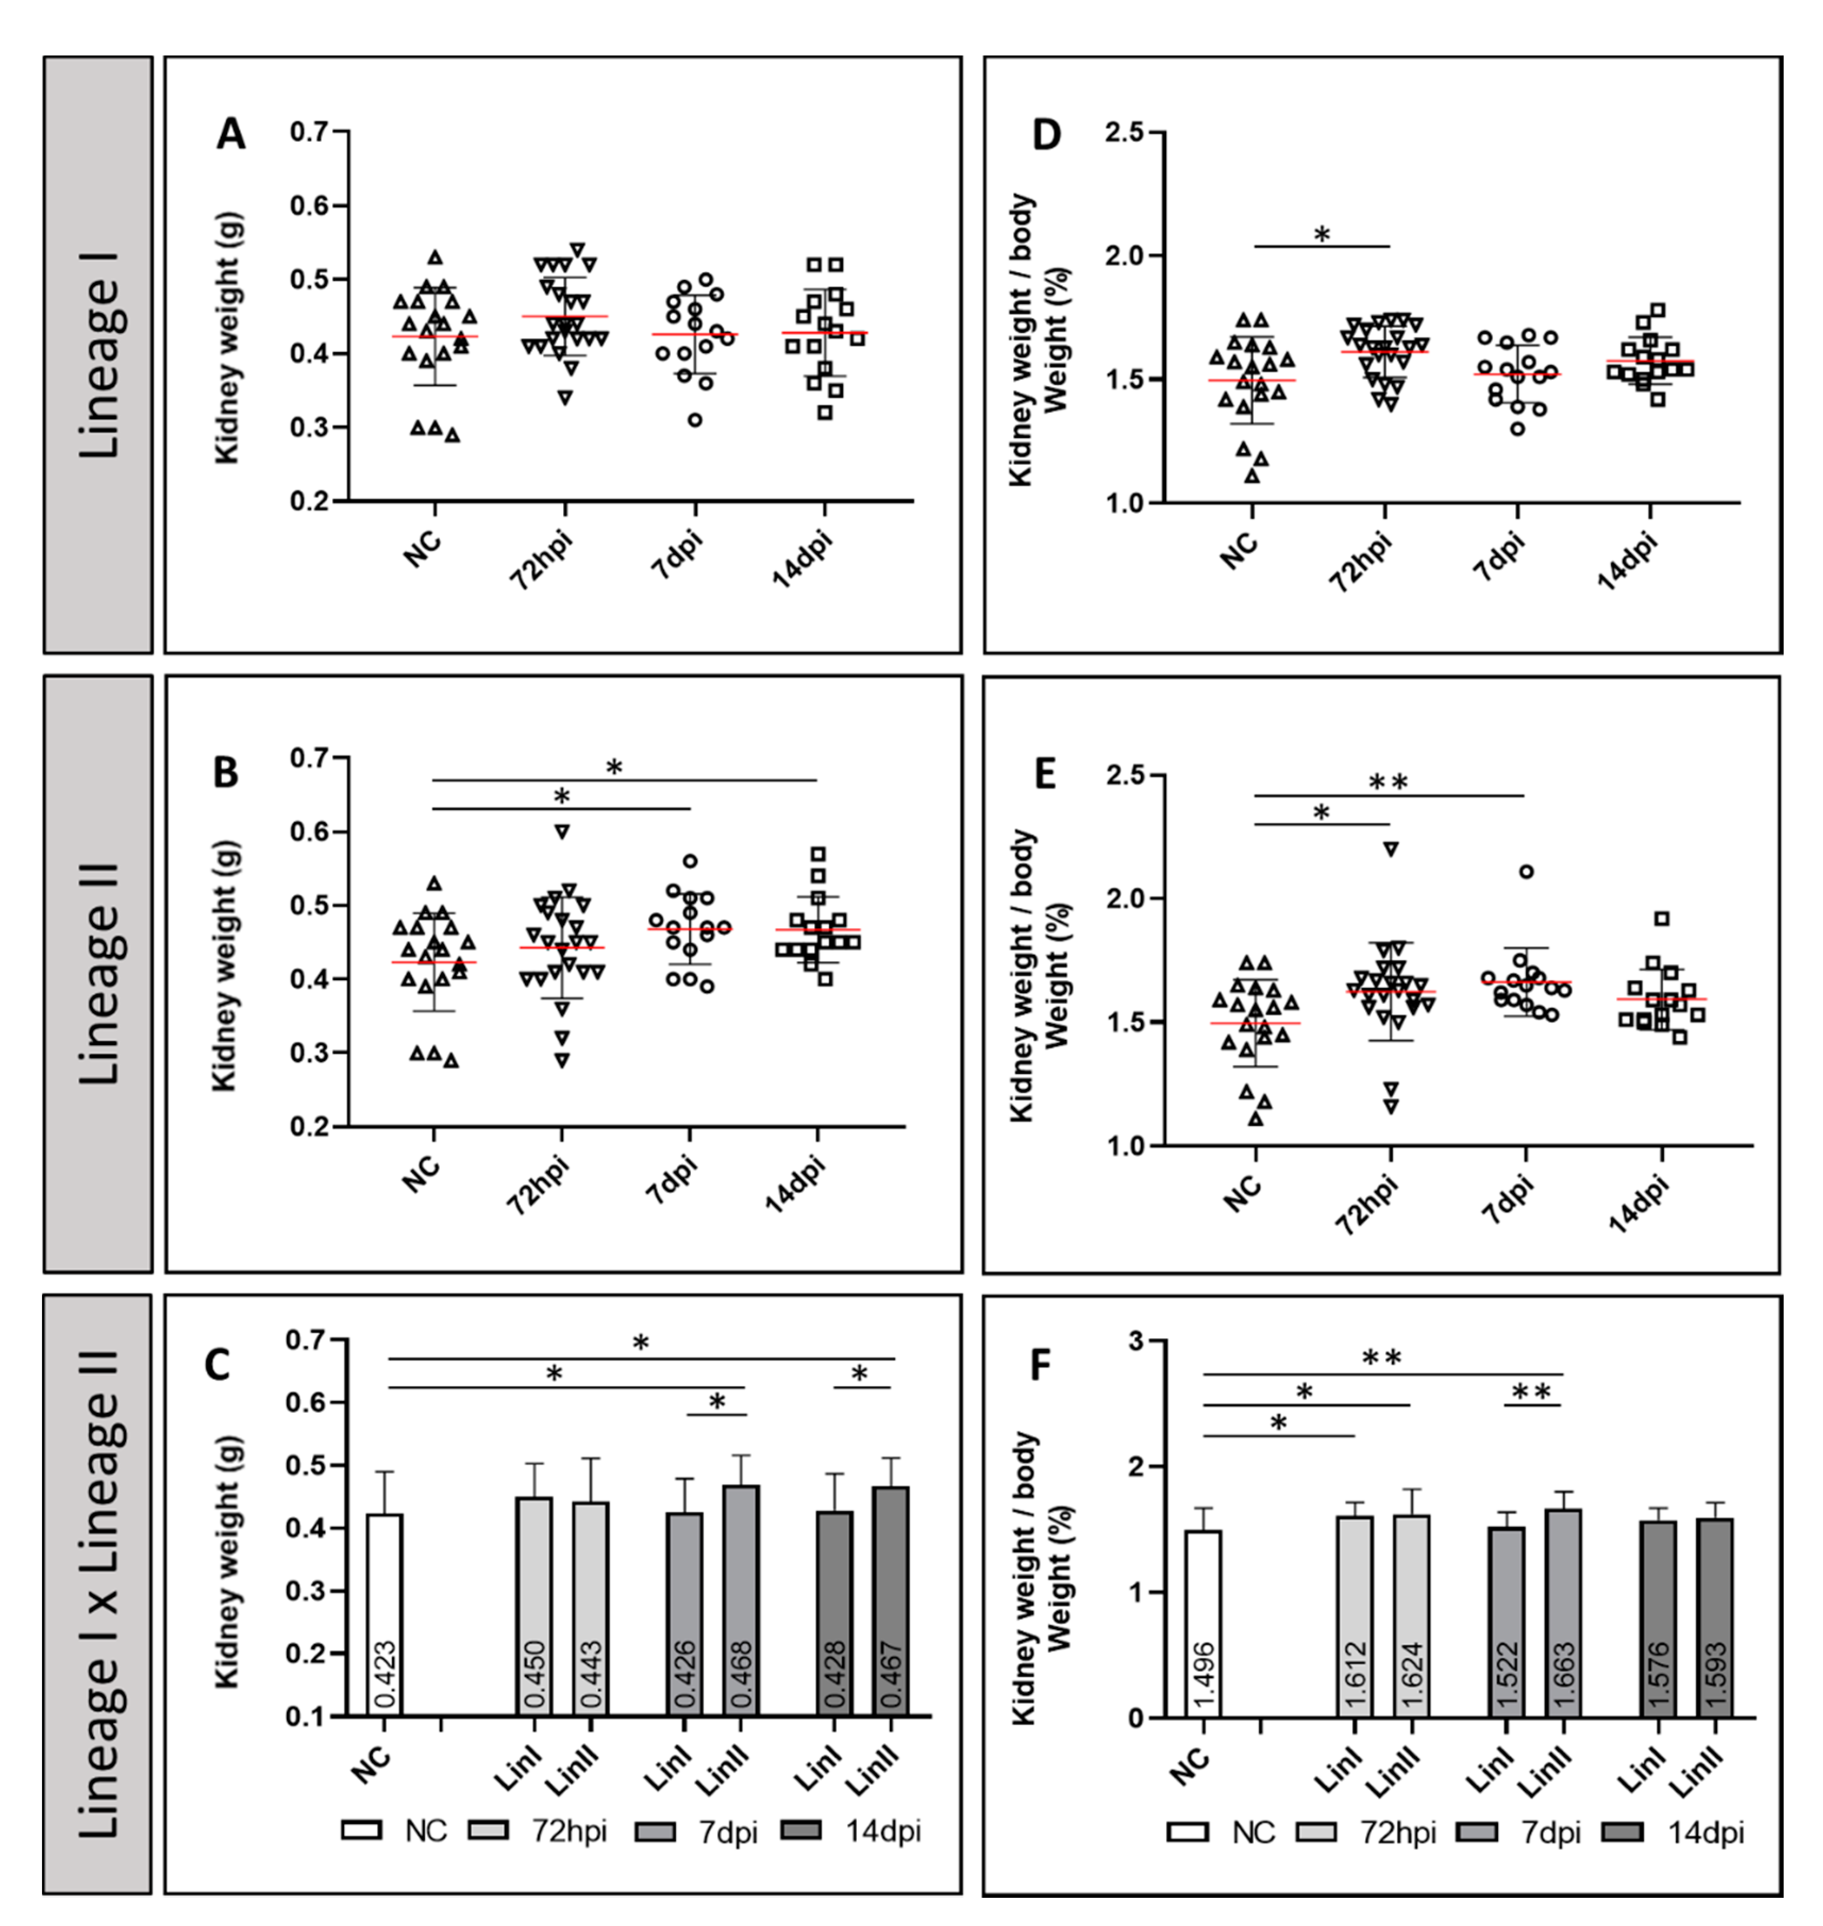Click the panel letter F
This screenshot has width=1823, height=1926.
1040,1365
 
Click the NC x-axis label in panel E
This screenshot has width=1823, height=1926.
1243,1193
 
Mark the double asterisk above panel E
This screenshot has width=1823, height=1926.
1387,782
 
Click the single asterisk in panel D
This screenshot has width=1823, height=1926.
1322,234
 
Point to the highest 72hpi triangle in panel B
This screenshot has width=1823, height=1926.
562,831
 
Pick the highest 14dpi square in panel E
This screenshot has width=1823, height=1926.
1662,918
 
